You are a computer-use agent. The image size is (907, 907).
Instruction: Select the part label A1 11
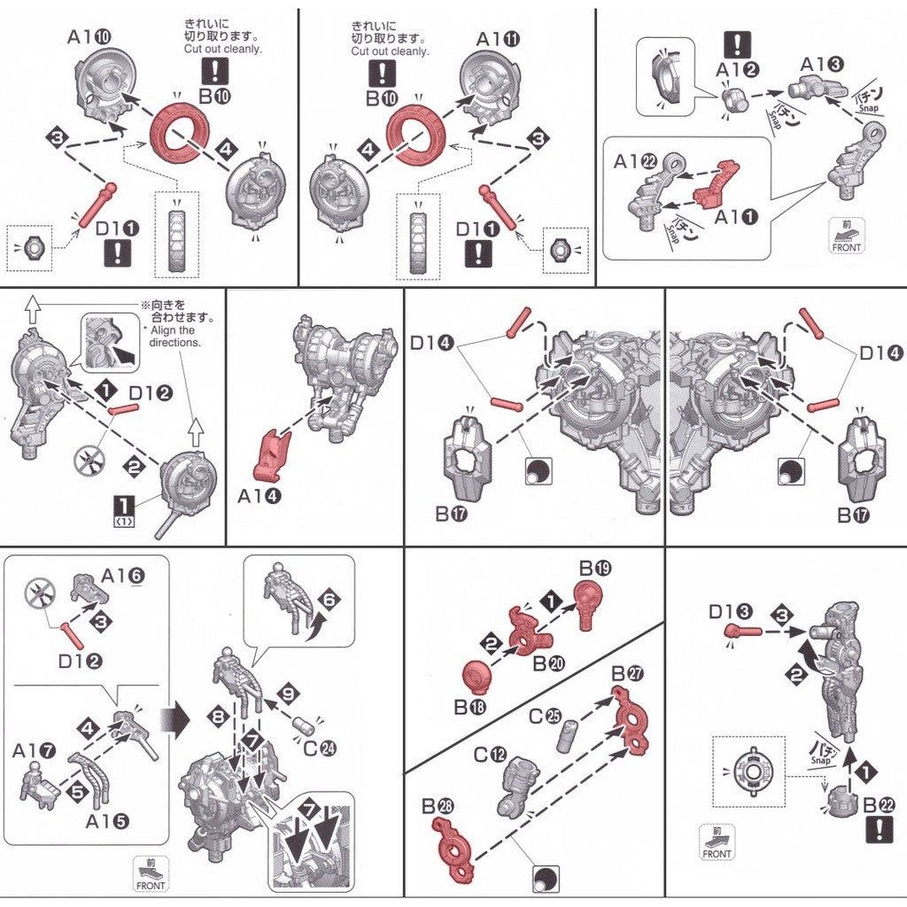click(498, 39)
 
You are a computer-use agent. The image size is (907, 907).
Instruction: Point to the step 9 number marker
click(285, 692)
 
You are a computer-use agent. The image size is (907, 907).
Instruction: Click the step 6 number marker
click(329, 600)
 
